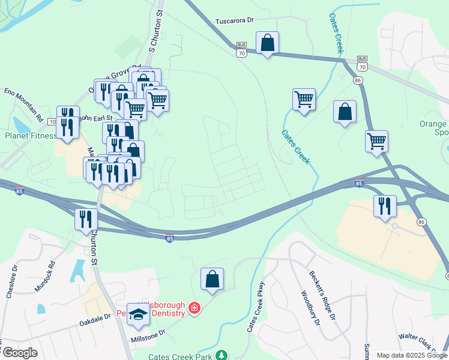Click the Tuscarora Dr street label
pyautogui.click(x=234, y=20)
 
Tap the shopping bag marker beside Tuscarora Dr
pyautogui.click(x=267, y=43)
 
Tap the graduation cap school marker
pyautogui.click(x=138, y=315)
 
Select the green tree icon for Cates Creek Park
pyautogui.click(x=222, y=355)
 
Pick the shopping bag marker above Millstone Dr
pyautogui.click(x=212, y=279)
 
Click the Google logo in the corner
pyautogui.click(x=20, y=353)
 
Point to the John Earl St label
pyautogui.click(x=96, y=118)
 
